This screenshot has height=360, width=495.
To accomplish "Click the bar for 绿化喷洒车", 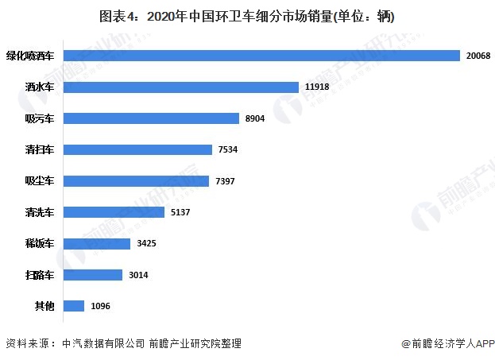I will (x=261, y=56).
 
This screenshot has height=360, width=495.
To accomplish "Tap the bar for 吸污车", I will (x=151, y=118).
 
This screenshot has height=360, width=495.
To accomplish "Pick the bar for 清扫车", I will (x=137, y=149).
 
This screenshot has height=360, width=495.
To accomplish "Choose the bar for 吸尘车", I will (x=136, y=180).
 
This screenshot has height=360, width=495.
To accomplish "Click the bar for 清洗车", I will (x=114, y=212).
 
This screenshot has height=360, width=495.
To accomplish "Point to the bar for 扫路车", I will (x=92, y=274).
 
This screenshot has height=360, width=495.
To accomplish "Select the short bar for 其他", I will (x=74, y=306).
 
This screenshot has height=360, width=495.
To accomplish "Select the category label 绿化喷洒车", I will (x=30, y=56).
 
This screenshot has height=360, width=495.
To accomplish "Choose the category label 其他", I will (x=44, y=306).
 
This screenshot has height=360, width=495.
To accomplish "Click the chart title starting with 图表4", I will (x=247, y=16).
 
